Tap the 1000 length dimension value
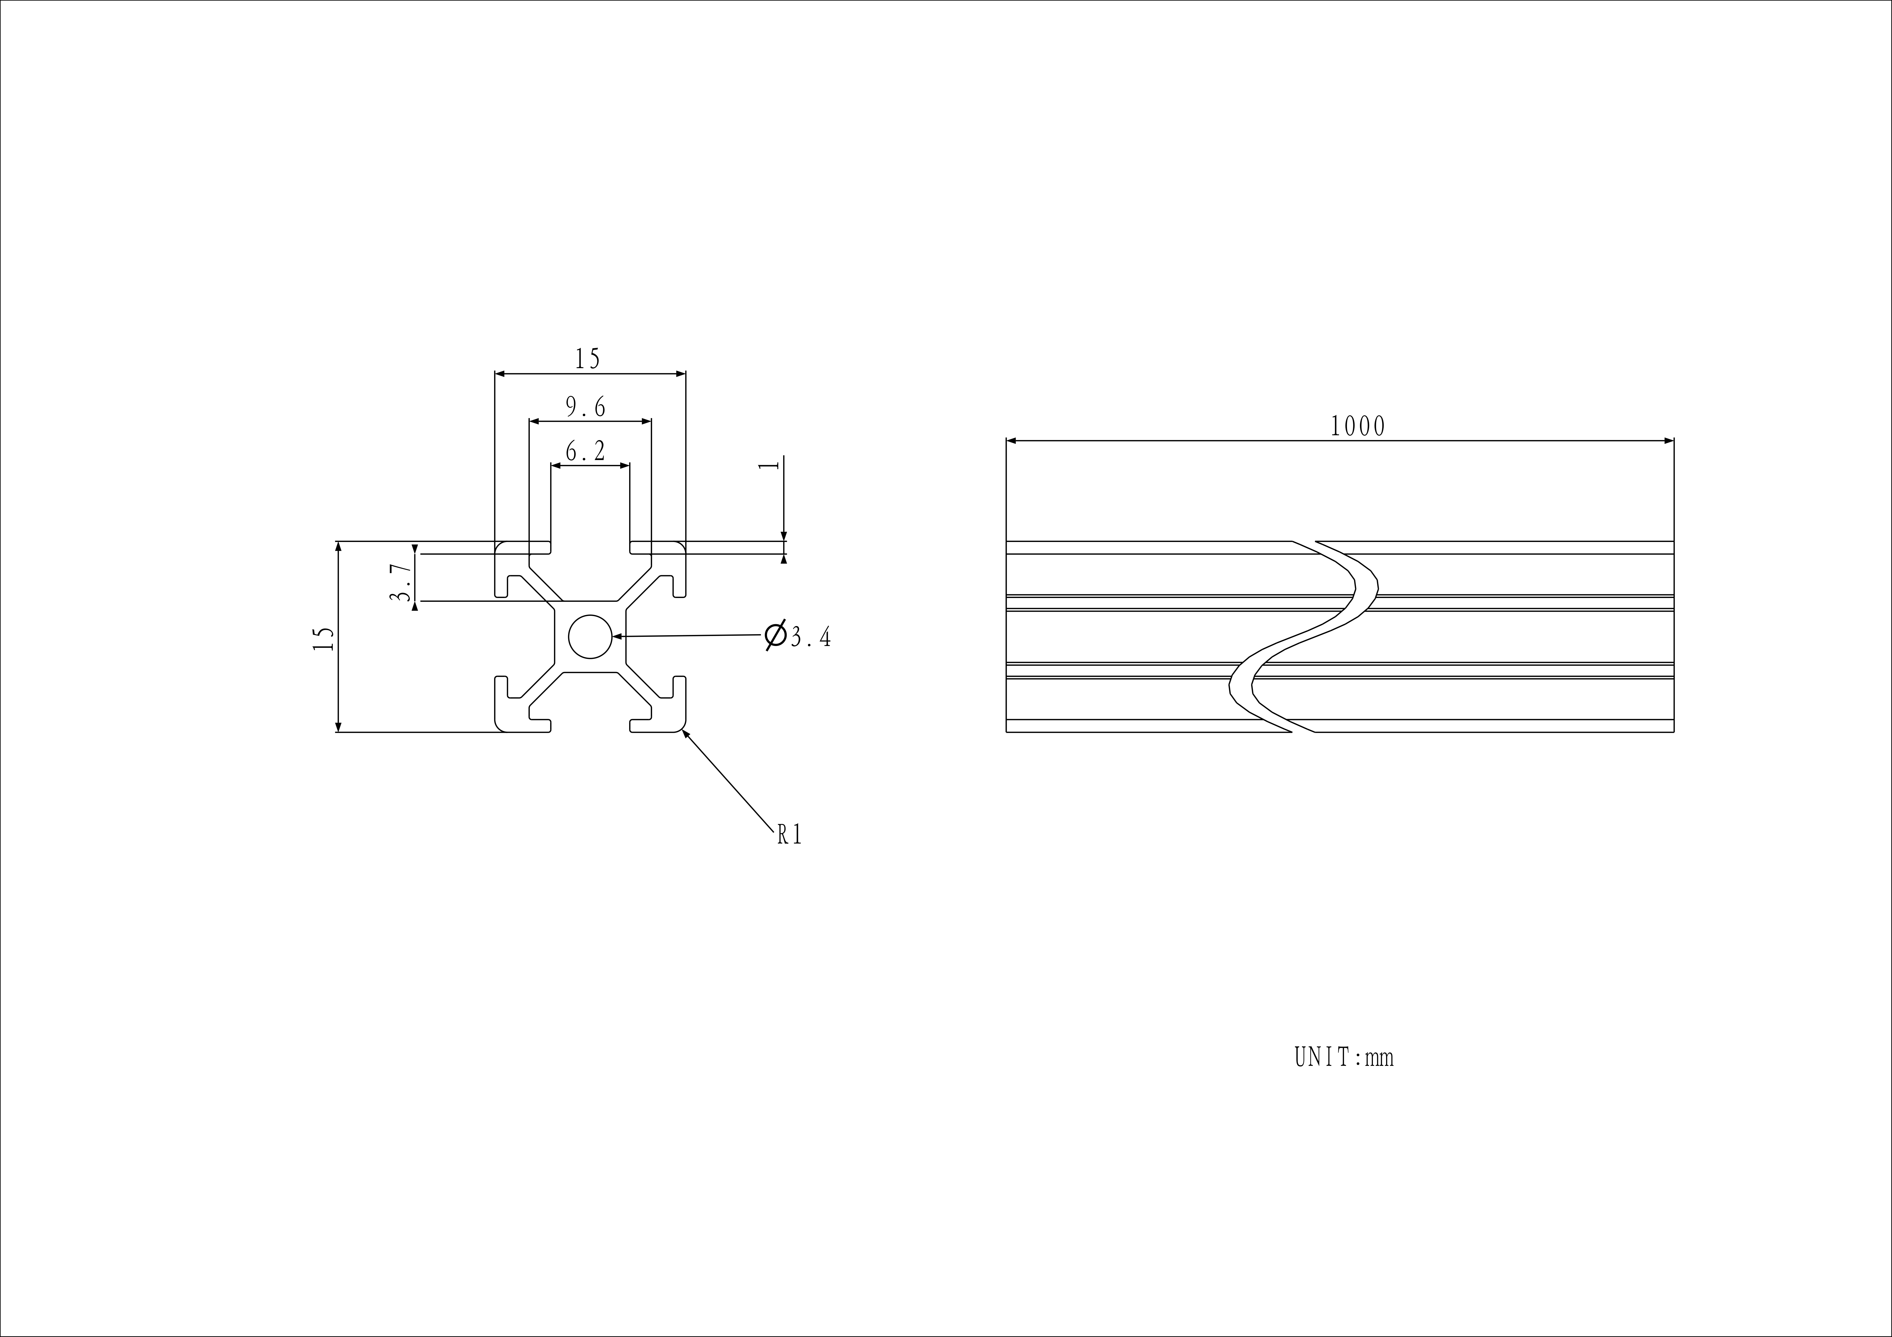pyautogui.click(x=1358, y=426)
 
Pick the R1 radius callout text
pyautogui.click(x=789, y=835)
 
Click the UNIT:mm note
pyautogui.click(x=1344, y=1057)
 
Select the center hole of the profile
pyautogui.click(x=590, y=637)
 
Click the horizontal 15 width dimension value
pyautogui.click(x=588, y=359)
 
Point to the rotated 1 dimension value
pyautogui.click(x=769, y=465)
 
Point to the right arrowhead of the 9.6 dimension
pyautogui.click(x=645, y=421)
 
